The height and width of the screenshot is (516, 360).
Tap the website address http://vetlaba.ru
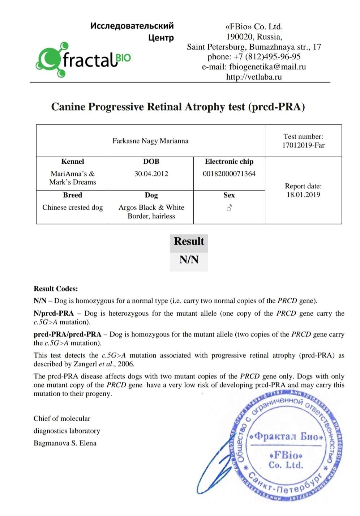[254, 77]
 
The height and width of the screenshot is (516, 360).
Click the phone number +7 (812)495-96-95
[267, 57]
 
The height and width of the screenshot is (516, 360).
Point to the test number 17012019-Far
[303, 145]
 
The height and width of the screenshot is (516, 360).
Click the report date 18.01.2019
[303, 195]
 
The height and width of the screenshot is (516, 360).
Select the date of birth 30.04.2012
[151, 174]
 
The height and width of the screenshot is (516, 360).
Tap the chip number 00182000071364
[229, 174]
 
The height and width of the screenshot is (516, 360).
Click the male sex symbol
[229, 208]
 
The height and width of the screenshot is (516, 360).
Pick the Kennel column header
[73, 162]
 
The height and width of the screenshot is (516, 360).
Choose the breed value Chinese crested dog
[73, 208]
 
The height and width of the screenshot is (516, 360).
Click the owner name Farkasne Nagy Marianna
[150, 141]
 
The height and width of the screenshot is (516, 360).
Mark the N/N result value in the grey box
[189, 260]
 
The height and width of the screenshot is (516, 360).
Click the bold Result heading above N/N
[189, 241]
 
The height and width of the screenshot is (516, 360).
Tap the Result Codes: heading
[56, 289]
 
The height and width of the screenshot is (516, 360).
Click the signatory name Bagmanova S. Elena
[65, 443]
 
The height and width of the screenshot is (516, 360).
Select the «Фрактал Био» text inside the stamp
[286, 436]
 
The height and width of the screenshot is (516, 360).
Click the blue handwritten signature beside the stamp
[217, 466]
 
